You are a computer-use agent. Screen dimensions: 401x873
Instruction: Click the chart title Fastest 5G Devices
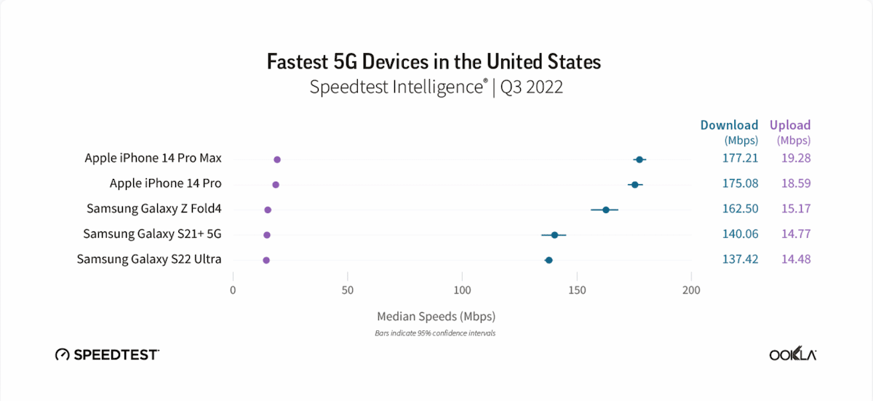click(x=434, y=61)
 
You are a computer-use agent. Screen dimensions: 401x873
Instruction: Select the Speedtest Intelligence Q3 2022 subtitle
click(x=436, y=87)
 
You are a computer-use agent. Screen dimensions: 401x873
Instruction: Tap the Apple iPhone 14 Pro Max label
click(x=153, y=158)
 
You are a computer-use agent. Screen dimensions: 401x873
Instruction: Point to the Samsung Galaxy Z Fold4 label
click(x=154, y=209)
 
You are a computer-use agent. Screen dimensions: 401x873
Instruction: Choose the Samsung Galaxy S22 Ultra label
click(x=149, y=259)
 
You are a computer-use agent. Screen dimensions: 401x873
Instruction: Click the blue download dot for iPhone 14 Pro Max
click(x=639, y=159)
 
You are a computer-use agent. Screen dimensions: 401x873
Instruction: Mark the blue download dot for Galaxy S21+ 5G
click(x=554, y=235)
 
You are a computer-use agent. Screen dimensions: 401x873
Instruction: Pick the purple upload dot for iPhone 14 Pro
click(x=276, y=185)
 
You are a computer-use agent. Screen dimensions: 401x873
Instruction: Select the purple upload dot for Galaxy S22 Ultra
click(x=266, y=260)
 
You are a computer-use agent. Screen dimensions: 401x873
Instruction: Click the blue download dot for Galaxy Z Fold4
click(x=605, y=210)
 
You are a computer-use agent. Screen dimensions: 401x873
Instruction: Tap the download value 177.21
click(x=740, y=158)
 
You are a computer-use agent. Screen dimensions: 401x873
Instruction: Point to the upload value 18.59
click(x=793, y=183)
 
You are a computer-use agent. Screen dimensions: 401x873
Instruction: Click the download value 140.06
click(x=740, y=234)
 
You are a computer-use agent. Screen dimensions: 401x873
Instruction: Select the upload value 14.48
click(x=793, y=259)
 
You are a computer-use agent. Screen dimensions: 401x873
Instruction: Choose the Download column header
click(x=729, y=125)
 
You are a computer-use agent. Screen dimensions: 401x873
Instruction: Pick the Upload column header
click(x=790, y=125)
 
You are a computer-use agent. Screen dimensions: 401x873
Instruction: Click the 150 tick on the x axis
click(x=577, y=290)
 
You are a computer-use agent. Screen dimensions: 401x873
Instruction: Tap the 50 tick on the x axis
click(x=348, y=290)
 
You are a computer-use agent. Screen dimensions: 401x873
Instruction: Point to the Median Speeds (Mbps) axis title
click(x=436, y=317)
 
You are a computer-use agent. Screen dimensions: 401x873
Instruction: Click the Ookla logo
click(x=792, y=354)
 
